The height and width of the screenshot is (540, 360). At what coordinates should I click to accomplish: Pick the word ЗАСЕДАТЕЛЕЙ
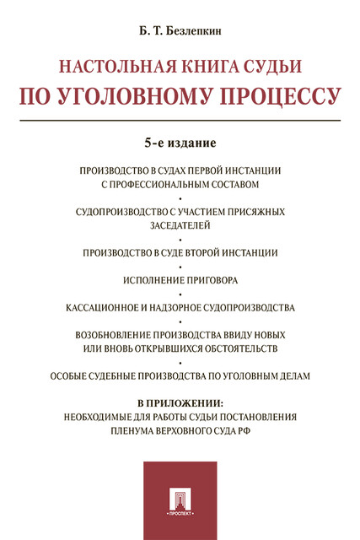tap(180, 225)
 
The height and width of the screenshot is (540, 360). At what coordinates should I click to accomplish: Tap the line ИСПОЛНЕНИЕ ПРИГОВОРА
tap(180, 279)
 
